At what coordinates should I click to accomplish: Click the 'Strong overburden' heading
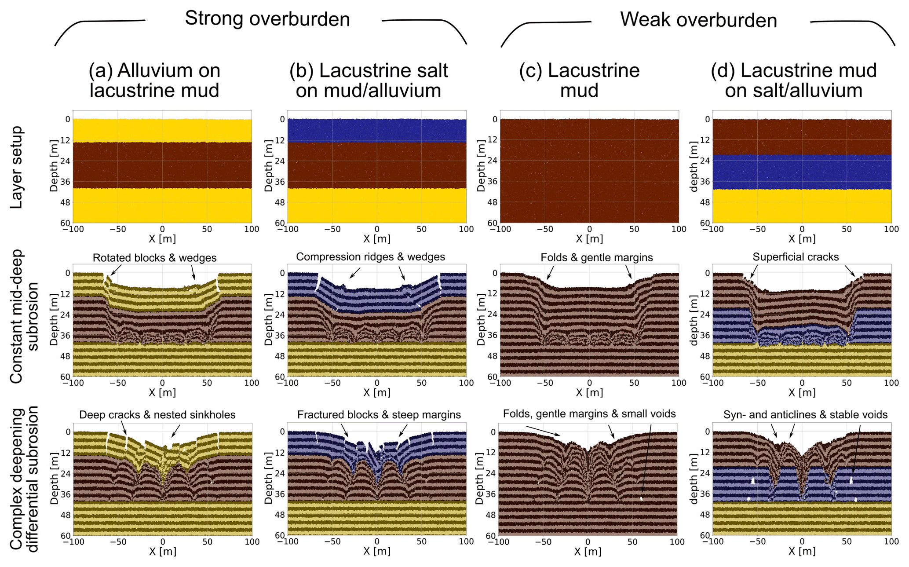(267, 19)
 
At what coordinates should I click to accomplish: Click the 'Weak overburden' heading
(698, 20)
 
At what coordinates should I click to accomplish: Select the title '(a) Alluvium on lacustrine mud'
(154, 80)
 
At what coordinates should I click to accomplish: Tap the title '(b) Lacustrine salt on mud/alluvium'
(369, 80)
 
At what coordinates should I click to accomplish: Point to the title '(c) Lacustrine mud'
(579, 80)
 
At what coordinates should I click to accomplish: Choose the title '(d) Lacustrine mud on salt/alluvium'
(793, 80)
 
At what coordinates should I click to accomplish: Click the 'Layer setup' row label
(16, 167)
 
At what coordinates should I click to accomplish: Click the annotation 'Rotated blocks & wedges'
(154, 258)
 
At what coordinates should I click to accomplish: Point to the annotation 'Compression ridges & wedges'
(370, 257)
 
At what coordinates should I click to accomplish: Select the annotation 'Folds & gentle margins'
(597, 258)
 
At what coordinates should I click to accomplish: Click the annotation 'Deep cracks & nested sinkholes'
(157, 415)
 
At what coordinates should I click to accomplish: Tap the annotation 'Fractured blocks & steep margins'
(379, 415)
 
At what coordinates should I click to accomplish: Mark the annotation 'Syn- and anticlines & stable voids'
(805, 415)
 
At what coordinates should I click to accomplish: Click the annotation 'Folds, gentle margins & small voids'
(589, 414)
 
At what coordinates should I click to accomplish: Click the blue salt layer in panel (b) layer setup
(376, 130)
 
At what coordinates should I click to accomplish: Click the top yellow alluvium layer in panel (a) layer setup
(162, 130)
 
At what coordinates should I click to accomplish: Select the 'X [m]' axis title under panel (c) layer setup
(589, 239)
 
